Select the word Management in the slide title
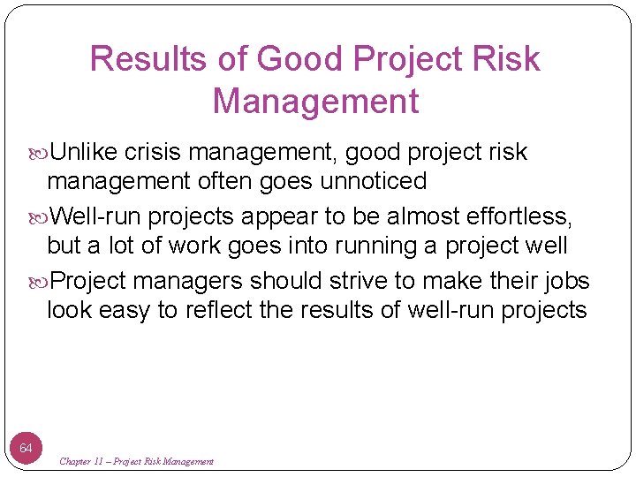point(315,102)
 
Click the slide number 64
point(26,449)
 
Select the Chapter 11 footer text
point(136,461)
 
